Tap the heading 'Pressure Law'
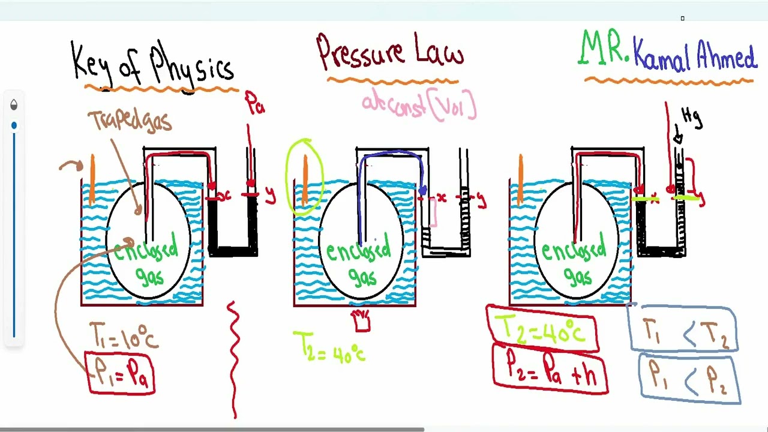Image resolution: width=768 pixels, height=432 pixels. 391,53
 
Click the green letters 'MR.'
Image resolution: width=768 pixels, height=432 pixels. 604,49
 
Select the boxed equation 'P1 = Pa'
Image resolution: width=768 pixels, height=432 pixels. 122,373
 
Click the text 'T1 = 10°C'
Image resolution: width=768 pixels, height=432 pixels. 124,335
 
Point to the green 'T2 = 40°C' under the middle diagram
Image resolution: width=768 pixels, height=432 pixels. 329,346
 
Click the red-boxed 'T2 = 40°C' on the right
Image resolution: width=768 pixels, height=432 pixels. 543,329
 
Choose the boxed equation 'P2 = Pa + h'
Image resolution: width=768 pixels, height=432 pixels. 550,368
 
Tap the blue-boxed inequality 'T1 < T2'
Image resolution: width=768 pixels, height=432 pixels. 683,330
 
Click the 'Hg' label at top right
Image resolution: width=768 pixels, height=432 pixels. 691,118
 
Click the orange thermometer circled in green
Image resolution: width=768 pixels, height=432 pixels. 305,178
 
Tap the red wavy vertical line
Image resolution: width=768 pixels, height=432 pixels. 233,360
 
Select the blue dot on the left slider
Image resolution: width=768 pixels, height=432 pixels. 14,125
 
